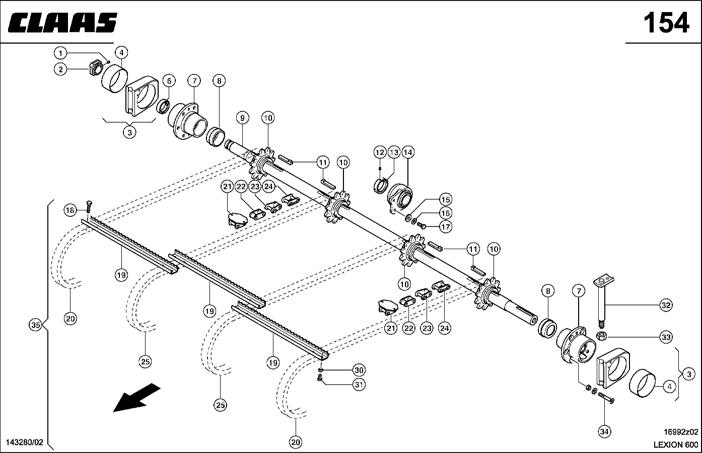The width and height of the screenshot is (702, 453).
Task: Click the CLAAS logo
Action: point(62,23)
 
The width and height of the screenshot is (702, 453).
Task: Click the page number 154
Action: point(666,23)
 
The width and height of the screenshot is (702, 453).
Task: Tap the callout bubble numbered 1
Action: point(60,53)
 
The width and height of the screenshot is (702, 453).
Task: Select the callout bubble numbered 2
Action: point(60,69)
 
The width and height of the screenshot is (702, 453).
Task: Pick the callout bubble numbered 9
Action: point(242,118)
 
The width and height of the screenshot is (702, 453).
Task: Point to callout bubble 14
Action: point(407,152)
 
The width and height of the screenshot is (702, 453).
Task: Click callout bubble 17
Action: point(445,226)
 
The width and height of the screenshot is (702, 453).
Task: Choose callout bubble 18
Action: point(70,210)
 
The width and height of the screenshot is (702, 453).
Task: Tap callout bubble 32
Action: point(666,305)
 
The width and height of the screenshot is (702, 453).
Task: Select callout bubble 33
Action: point(666,337)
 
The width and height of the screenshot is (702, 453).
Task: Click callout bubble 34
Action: point(604,432)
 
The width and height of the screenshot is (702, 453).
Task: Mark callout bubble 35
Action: point(36,325)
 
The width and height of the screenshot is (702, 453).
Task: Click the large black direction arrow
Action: point(136,397)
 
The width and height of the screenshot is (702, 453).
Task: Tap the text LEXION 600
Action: point(676,444)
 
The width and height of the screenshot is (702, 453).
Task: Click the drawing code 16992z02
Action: point(681,432)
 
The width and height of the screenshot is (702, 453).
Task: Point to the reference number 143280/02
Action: point(25,442)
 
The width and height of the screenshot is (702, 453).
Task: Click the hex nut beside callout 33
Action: point(602,336)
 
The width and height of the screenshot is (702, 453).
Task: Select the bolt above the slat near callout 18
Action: point(89,207)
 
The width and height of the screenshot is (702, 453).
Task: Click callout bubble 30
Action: point(359,370)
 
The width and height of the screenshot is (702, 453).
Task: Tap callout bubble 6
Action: point(169,81)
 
